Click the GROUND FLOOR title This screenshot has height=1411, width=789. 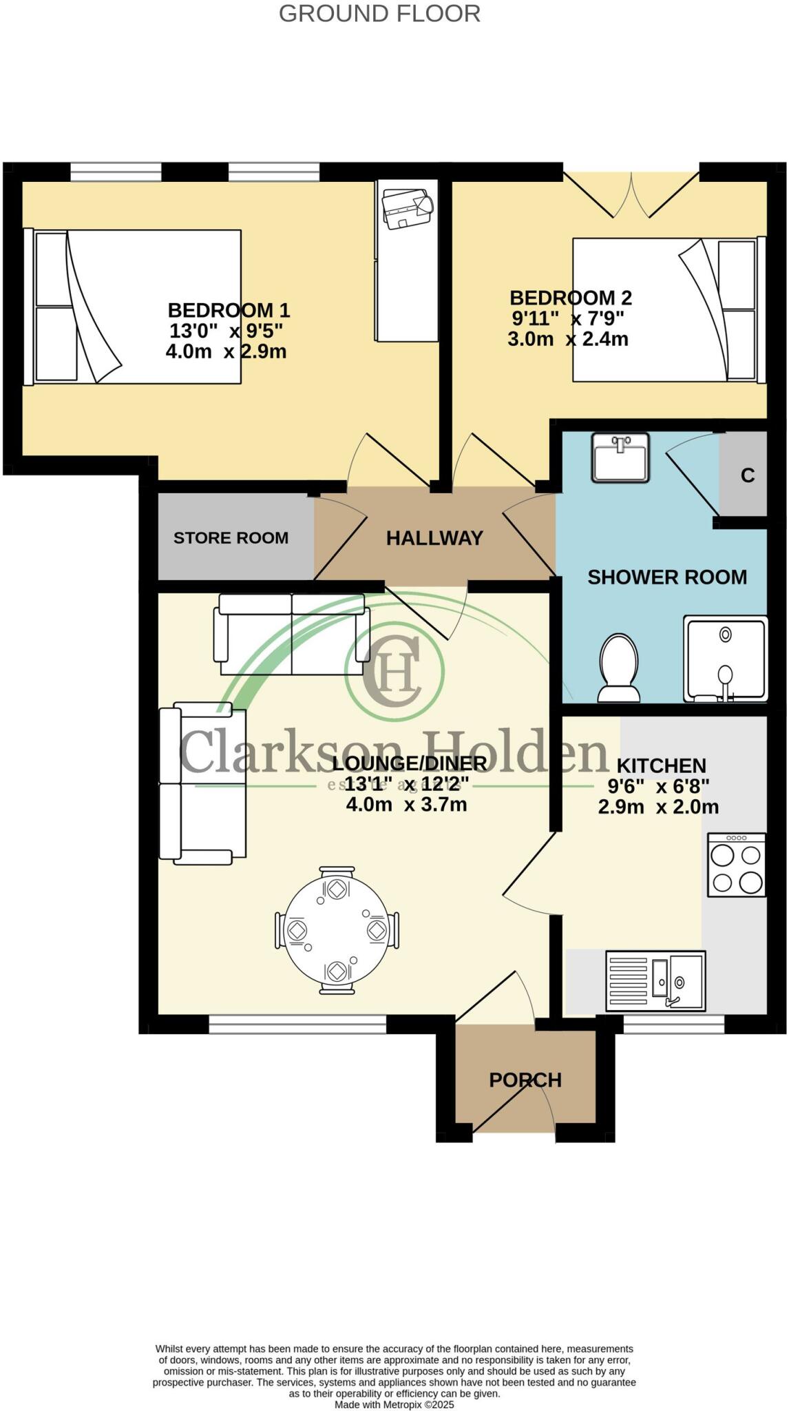pyautogui.click(x=379, y=14)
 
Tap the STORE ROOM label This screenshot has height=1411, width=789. pyautogui.click(x=231, y=538)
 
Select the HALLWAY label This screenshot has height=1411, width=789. pyautogui.click(x=434, y=538)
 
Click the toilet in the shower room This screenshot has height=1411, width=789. pyautogui.click(x=618, y=668)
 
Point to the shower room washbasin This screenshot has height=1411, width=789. pyautogui.click(x=620, y=457)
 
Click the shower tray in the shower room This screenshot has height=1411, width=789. pyautogui.click(x=725, y=659)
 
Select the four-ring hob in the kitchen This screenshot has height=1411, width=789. pyautogui.click(x=737, y=865)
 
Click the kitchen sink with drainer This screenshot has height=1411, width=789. pyautogui.click(x=655, y=981)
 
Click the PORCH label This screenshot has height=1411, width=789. pyautogui.click(x=525, y=1080)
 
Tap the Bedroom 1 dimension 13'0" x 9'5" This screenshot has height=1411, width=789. pyautogui.click(x=227, y=331)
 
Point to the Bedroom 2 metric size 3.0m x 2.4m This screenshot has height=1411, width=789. pyautogui.click(x=568, y=339)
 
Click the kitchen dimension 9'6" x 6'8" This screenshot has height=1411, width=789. pyautogui.click(x=658, y=786)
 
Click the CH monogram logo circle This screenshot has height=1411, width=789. pyautogui.click(x=394, y=670)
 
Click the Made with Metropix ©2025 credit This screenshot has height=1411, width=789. pyautogui.click(x=394, y=1404)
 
